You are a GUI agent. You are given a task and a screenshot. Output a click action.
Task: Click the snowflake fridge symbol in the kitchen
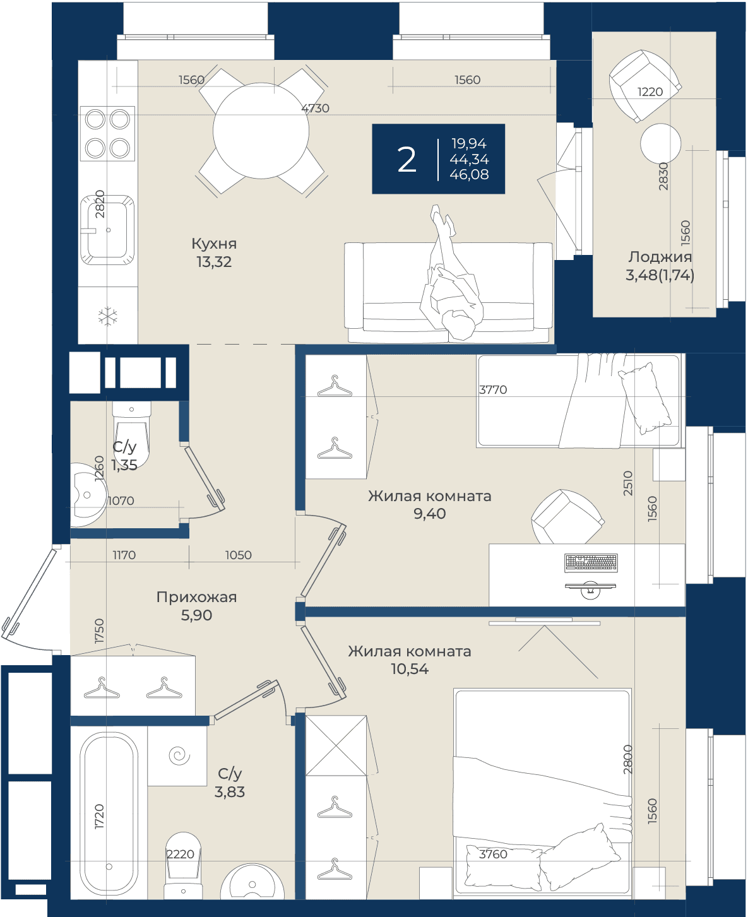pyautogui.click(x=108, y=316)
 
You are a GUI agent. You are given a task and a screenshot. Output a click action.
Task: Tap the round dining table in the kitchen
pyautogui.click(x=261, y=131)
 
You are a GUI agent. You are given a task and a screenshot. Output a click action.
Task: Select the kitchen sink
pyautogui.click(x=107, y=230)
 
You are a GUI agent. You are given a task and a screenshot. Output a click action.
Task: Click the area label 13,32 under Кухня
pyautogui.click(x=214, y=262)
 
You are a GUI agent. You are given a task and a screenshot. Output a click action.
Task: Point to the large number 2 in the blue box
pyautogui.click(x=407, y=160)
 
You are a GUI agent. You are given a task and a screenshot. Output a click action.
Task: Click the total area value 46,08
pyautogui.click(x=469, y=174)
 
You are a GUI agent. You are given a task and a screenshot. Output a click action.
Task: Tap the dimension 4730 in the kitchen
pyautogui.click(x=315, y=108)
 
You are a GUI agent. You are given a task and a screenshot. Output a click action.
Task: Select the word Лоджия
pyautogui.click(x=660, y=256)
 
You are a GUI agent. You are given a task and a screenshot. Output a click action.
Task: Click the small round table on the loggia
pyautogui.click(x=660, y=143)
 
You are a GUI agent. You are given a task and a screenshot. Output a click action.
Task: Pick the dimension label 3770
pyautogui.click(x=493, y=389)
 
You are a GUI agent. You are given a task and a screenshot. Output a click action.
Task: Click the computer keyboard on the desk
pyautogui.click(x=591, y=563)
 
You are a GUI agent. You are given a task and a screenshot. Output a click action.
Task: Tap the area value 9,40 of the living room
pyautogui.click(x=430, y=514)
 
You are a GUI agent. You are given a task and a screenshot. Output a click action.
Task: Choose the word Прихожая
pyautogui.click(x=196, y=597)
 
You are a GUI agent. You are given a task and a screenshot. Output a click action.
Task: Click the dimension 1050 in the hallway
pyautogui.click(x=239, y=555)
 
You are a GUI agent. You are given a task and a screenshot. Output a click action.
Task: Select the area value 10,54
pyautogui.click(x=410, y=669)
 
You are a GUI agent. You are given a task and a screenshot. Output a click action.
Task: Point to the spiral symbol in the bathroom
pyautogui.click(x=179, y=756)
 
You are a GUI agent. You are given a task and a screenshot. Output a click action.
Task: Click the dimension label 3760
pyautogui.click(x=493, y=854)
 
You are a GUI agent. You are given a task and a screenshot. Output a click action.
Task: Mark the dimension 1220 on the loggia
pyautogui.click(x=650, y=92)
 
